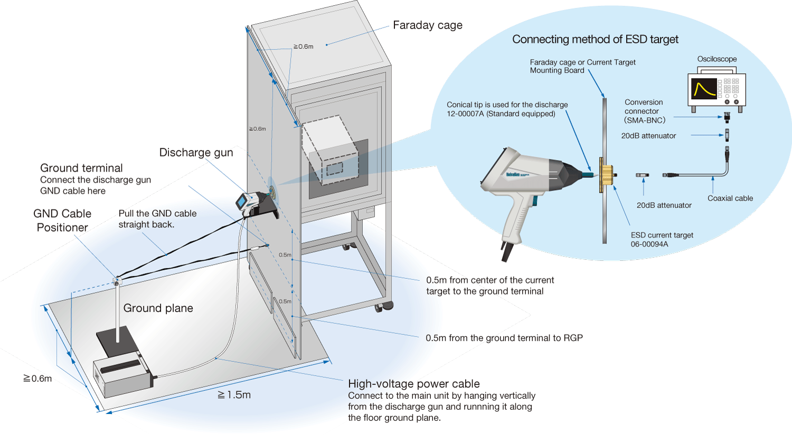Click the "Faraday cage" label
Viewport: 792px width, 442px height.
coord(427,25)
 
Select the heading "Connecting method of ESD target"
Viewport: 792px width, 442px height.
coord(595,40)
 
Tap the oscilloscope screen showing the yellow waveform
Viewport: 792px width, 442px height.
coord(704,89)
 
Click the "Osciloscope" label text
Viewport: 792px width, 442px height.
coord(716,59)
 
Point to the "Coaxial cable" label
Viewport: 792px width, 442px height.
coord(730,199)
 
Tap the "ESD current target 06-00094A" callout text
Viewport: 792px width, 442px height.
coord(662,240)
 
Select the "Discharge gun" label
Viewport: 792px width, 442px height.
coord(196,153)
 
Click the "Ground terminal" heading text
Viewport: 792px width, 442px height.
coord(81,168)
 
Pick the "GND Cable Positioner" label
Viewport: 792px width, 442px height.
coord(62,221)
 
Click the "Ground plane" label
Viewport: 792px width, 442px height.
coord(158,308)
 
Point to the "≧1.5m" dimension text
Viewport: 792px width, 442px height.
coord(234,395)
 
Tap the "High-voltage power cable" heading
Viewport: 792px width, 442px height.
coord(413,384)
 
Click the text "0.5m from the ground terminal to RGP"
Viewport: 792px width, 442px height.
coord(504,338)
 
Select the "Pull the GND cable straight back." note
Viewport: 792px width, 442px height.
coord(157,219)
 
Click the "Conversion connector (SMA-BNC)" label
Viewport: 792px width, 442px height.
coord(644,111)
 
